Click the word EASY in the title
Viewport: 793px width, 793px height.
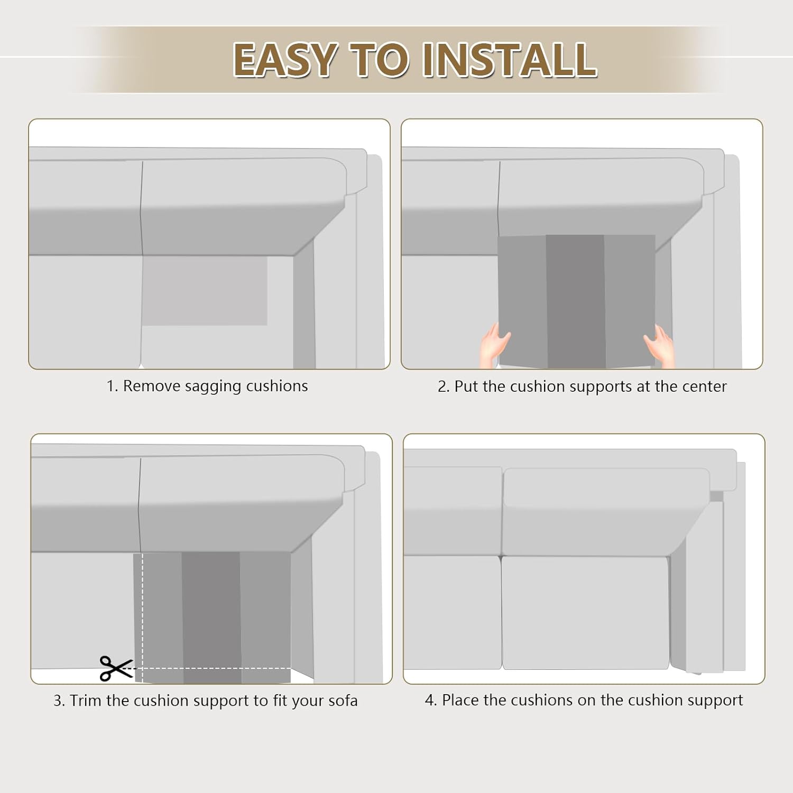285,59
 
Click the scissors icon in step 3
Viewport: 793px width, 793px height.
116,668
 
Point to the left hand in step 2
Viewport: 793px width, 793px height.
494,345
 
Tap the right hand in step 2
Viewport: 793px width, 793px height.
659,345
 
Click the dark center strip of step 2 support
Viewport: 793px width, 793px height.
576,301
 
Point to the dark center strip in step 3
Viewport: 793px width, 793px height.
212,617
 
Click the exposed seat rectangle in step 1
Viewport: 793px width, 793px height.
205,291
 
